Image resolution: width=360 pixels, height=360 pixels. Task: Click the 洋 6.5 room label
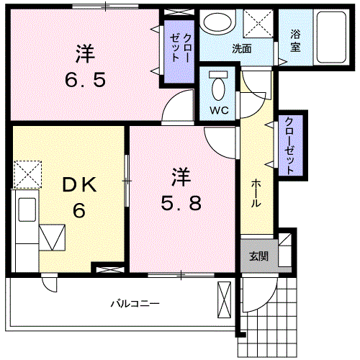pyautogui.click(x=85, y=66)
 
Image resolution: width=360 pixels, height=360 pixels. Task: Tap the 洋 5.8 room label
pyautogui.click(x=181, y=189)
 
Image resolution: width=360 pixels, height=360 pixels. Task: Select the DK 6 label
pyautogui.click(x=79, y=197)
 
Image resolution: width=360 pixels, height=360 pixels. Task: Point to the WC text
pyautogui.click(x=219, y=110)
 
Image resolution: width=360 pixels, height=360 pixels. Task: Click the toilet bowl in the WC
pyautogui.click(x=218, y=89)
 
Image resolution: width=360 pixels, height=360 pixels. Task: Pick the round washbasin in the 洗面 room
pyautogui.click(x=218, y=22)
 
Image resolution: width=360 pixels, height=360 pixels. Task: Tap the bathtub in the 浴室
pyautogui.click(x=331, y=37)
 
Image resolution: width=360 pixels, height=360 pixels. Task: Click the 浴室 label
pyautogui.click(x=295, y=40)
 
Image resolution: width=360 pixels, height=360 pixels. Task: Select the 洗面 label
pyautogui.click(x=242, y=49)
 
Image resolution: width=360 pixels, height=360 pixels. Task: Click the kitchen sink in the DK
pyautogui.click(x=27, y=210)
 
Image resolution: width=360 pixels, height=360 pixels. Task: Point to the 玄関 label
pyautogui.click(x=258, y=256)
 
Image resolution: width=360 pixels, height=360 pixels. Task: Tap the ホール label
pyautogui.click(x=256, y=193)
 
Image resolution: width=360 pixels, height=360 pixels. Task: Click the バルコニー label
pyautogui.click(x=135, y=304)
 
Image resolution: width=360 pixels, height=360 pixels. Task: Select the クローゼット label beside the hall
pyautogui.click(x=289, y=146)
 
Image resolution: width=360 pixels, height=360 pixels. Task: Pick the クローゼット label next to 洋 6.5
pyautogui.click(x=180, y=48)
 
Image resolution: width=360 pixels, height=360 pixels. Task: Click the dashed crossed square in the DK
pyautogui.click(x=27, y=174)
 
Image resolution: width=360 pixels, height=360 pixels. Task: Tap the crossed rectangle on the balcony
pyautogui.click(x=224, y=300)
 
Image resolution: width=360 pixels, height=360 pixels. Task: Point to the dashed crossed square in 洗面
pyautogui.click(x=258, y=23)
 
